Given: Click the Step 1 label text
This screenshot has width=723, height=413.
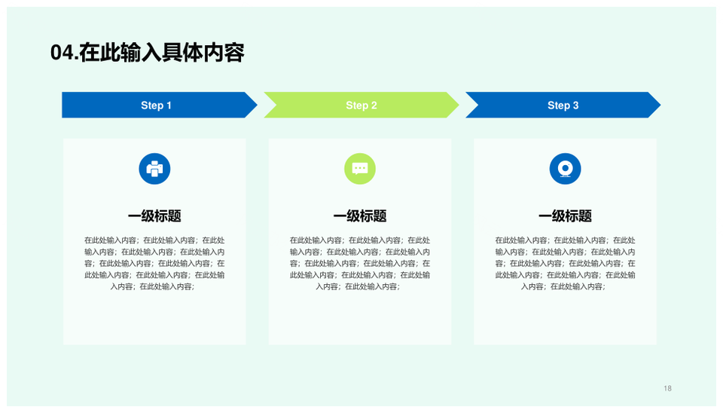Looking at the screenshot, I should pos(157,106).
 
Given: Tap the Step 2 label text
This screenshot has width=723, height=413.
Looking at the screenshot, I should pos(361,106).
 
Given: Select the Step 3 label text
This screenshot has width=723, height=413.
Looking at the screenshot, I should pos(563,106).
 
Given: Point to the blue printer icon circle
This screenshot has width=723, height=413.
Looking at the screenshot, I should pos(154,169).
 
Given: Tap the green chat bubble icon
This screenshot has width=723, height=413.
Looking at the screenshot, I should pos(360,169).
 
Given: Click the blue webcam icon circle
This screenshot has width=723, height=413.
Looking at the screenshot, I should pos(565,169).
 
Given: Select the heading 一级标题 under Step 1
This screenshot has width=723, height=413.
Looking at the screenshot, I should pos(154,216).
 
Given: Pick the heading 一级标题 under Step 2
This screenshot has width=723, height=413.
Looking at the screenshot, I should pos(360,216).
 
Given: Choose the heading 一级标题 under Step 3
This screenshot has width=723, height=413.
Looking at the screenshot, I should pos(565,216).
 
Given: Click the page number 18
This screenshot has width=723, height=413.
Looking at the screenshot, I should pos(667,388).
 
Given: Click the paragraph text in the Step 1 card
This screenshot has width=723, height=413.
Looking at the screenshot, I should pos(154,263).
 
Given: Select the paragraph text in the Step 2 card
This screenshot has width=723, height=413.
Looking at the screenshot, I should pos(360,263).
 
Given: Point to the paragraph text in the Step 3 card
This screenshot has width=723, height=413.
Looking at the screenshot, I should pos(565,263).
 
